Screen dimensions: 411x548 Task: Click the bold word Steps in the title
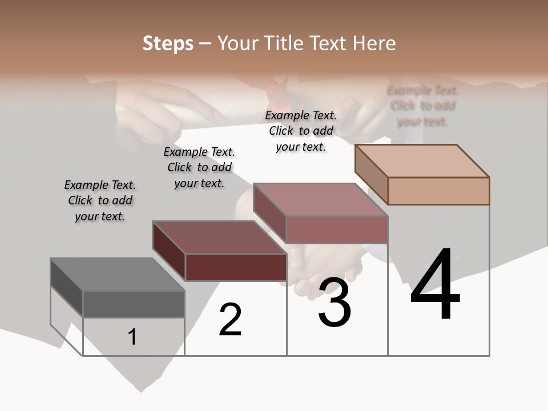pyautogui.click(x=168, y=43)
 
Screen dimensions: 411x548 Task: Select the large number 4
pyautogui.click(x=435, y=285)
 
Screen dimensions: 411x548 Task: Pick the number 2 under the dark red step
pyautogui.click(x=230, y=320)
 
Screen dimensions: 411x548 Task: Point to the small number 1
pyautogui.click(x=132, y=337)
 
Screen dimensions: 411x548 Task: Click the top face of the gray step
pyautogui.click(x=117, y=275)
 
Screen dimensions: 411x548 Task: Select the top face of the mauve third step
pyautogui.click(x=320, y=200)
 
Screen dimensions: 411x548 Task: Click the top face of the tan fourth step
pyautogui.click(x=422, y=161)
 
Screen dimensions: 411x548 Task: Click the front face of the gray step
pyautogui.click(x=134, y=304)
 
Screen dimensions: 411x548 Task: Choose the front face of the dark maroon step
pyautogui.click(x=236, y=267)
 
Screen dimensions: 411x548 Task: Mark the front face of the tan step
pyautogui.click(x=438, y=191)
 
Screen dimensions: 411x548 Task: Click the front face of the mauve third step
pyautogui.click(x=337, y=229)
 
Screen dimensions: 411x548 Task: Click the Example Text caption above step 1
pyautogui.click(x=100, y=200)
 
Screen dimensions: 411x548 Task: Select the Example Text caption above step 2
pyautogui.click(x=199, y=167)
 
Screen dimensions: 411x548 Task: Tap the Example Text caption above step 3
pyautogui.click(x=301, y=131)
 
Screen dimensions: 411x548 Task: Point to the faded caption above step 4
pyautogui.click(x=422, y=106)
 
